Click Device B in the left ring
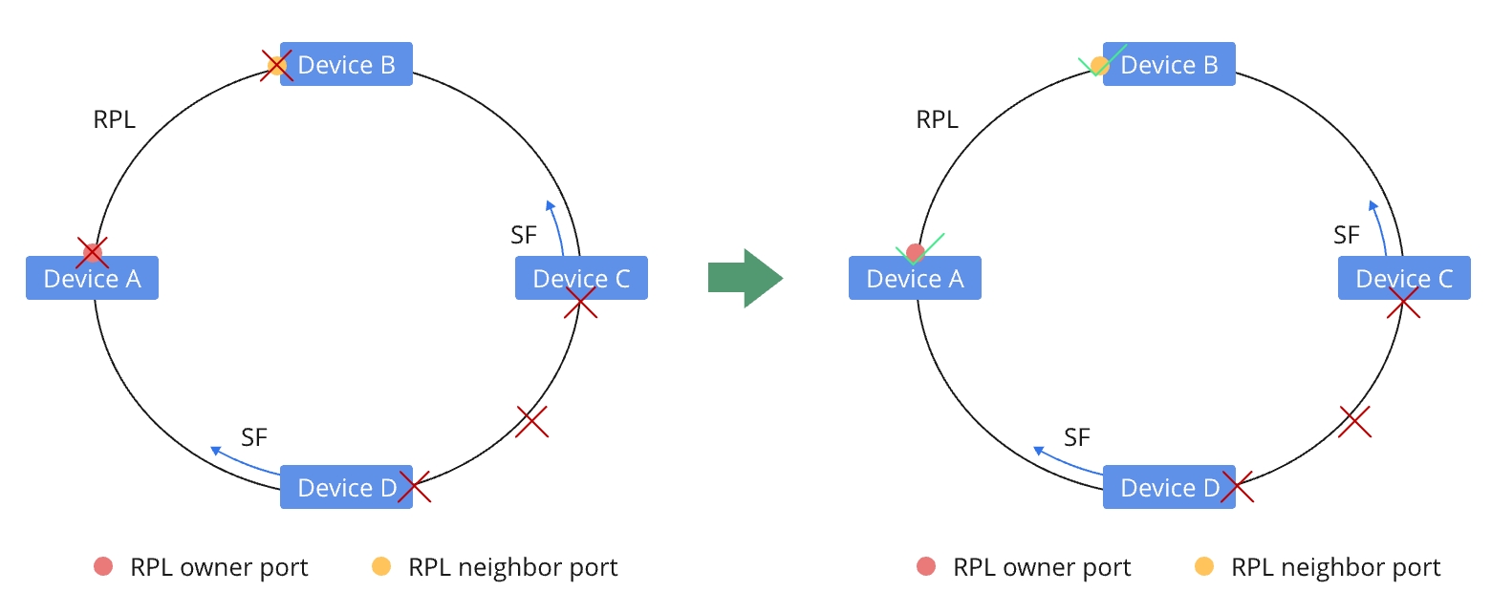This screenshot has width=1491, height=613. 346,65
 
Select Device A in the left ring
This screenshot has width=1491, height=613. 92,279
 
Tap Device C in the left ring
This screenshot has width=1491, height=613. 581,279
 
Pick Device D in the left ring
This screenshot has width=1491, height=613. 346,488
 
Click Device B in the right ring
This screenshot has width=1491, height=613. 1169,65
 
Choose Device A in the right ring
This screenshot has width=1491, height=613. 915,279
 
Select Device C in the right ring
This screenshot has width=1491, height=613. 1404,279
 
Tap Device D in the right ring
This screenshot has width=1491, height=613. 1169,488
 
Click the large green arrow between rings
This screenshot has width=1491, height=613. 745,278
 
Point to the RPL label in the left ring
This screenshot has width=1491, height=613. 115,120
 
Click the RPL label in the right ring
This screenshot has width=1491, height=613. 938,120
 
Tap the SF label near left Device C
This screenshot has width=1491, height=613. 524,235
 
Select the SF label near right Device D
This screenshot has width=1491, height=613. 1077,437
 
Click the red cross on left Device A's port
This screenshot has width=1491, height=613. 92,253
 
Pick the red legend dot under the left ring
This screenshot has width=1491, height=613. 103,567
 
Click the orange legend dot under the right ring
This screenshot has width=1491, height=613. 1204,567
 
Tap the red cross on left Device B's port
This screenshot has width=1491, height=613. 276,65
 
